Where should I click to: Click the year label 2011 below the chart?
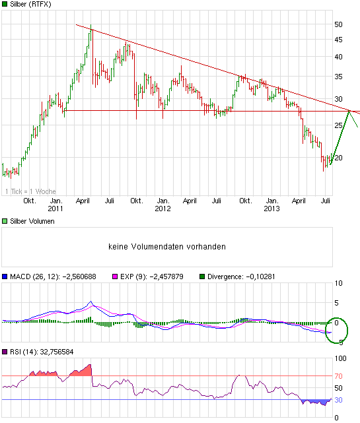[56, 209]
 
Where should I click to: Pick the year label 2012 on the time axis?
[162, 209]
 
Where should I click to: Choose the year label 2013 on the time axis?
[271, 209]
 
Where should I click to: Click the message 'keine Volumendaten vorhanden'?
[167, 247]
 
